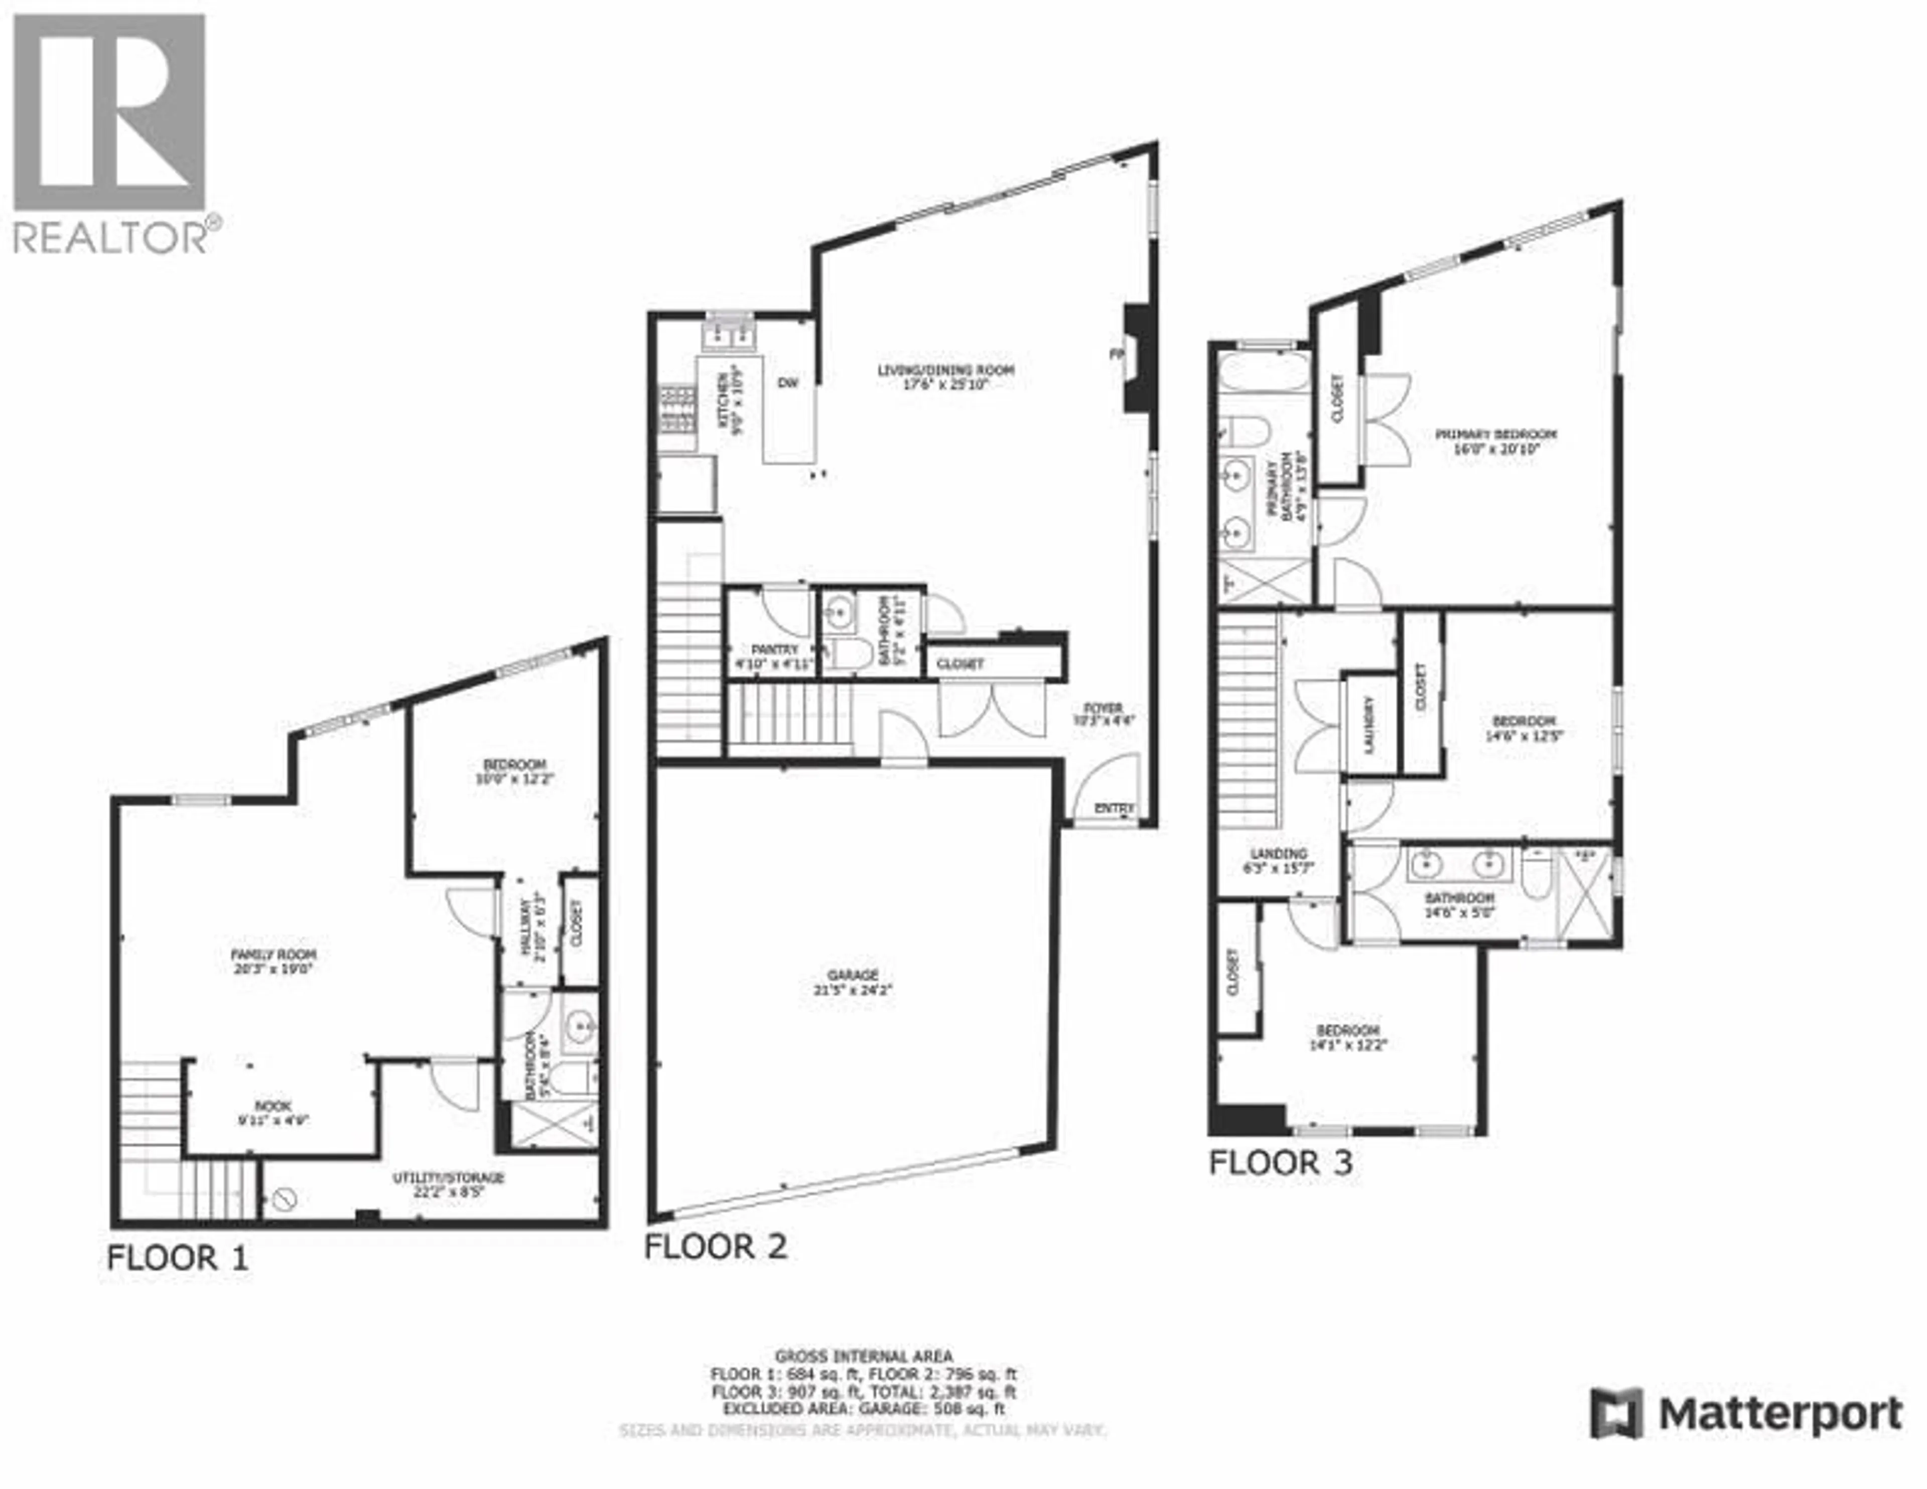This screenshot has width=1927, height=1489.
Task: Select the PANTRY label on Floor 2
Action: (x=775, y=649)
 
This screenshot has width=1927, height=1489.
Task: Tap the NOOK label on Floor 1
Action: (x=272, y=1105)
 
